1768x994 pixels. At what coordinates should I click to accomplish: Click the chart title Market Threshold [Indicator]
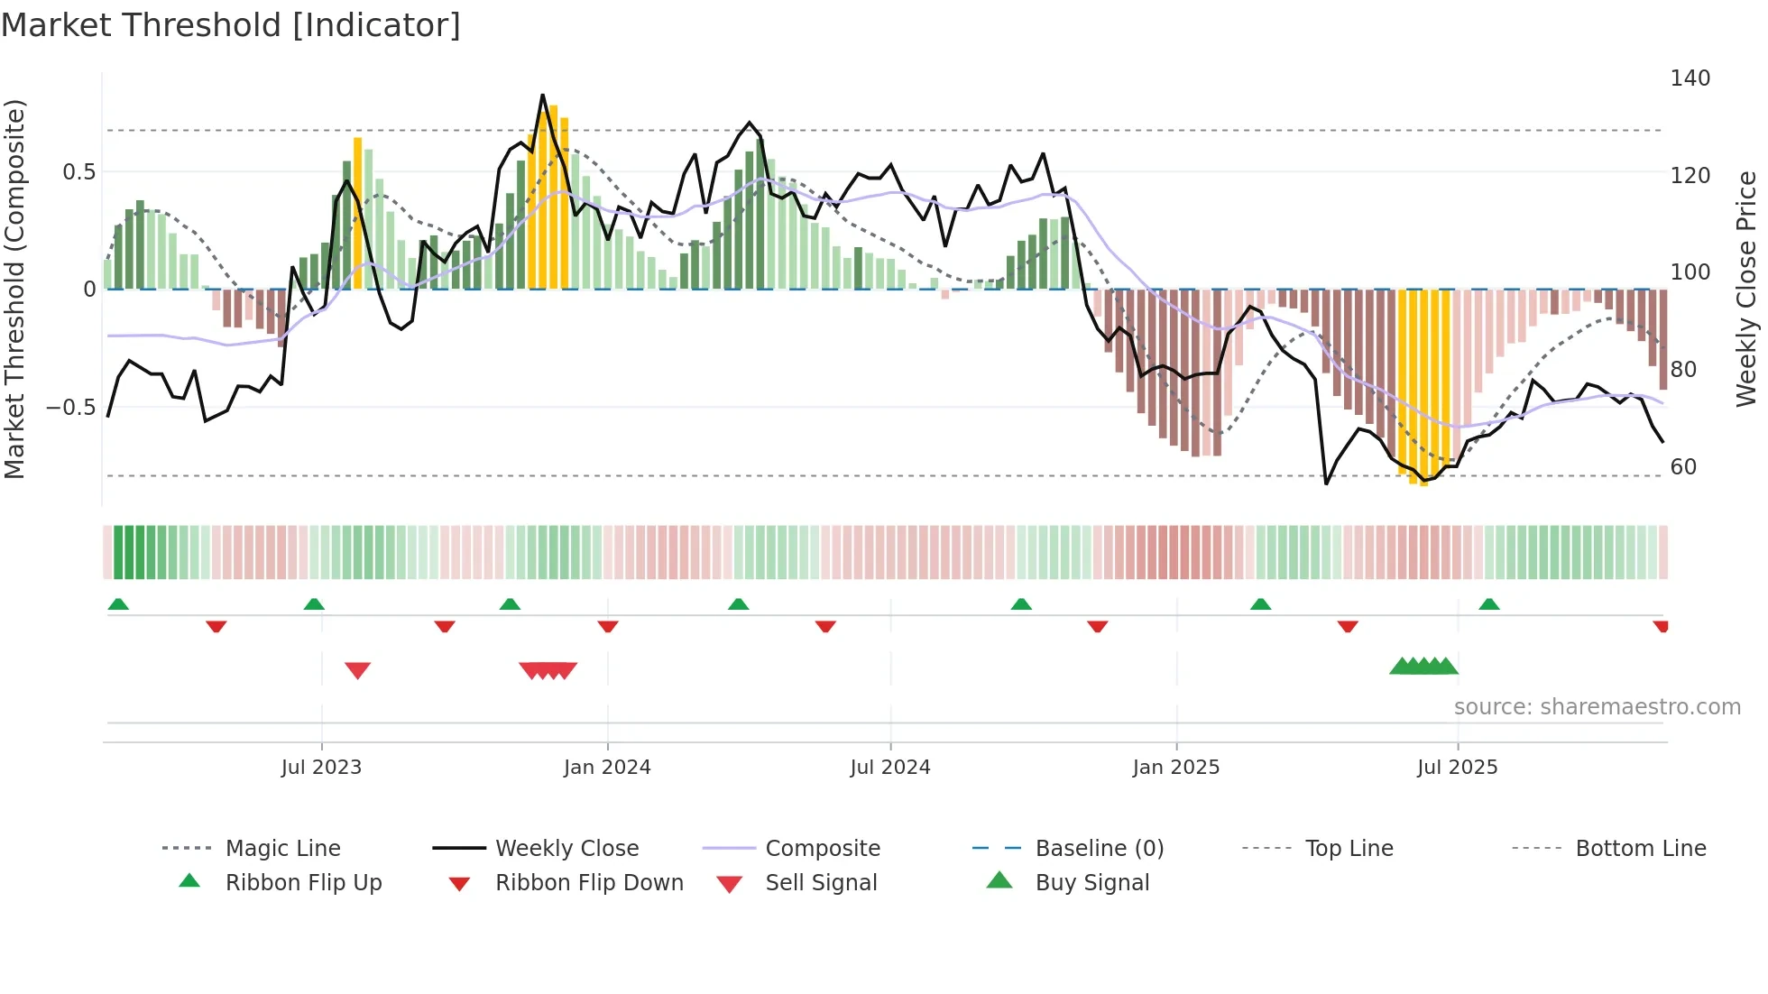point(231,25)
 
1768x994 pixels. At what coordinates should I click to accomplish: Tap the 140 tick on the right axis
point(1690,78)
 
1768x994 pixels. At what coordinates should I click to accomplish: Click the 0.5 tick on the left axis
point(78,172)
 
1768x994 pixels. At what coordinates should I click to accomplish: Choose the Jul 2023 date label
point(321,768)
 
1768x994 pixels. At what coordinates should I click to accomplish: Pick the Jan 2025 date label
point(1175,768)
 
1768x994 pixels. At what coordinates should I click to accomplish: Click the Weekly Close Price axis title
point(1746,289)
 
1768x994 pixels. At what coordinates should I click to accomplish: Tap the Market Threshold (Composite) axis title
point(14,289)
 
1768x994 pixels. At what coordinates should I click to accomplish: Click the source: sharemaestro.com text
point(1597,707)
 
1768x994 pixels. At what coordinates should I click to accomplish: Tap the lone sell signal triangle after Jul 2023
point(358,670)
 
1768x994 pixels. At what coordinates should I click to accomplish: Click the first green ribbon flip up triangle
point(118,604)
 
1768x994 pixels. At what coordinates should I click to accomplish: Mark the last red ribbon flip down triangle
point(1661,626)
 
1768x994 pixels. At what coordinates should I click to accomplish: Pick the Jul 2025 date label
point(1457,768)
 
